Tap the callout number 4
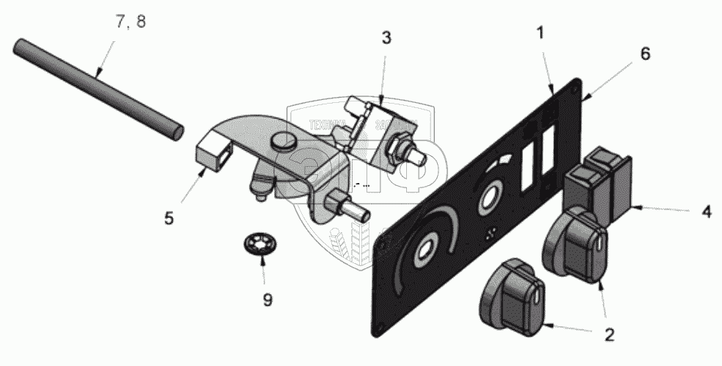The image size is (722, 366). coord(706,212)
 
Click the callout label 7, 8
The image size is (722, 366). coord(131,21)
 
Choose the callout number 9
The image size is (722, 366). coord(267,299)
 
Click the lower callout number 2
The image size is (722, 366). coord(608,336)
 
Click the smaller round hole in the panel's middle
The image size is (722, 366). coord(488,200)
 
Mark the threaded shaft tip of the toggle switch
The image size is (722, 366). coord(420,157)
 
